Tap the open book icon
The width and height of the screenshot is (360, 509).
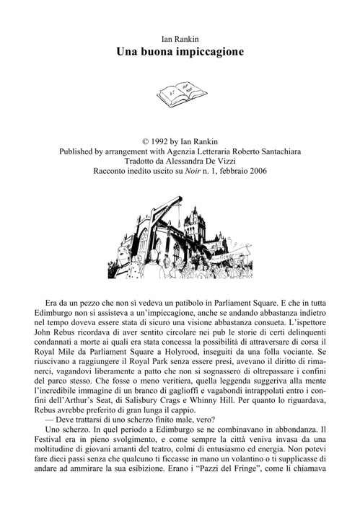[x=180, y=93]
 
